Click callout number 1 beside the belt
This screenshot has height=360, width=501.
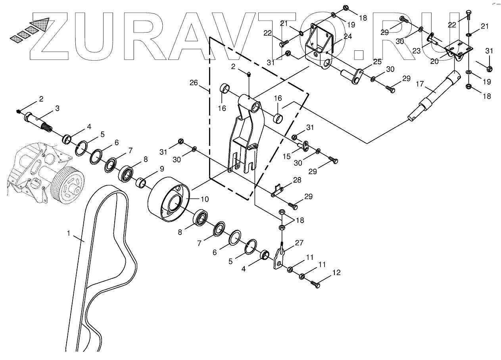pyautogui.click(x=69, y=233)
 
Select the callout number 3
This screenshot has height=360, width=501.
pyautogui.click(x=57, y=108)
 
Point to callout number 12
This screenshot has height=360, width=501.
pyautogui.click(x=336, y=273)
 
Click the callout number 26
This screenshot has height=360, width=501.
pyautogui.click(x=194, y=83)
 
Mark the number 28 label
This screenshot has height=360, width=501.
pyautogui.click(x=297, y=180)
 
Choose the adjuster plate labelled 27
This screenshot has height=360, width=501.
pyautogui.click(x=280, y=258)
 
